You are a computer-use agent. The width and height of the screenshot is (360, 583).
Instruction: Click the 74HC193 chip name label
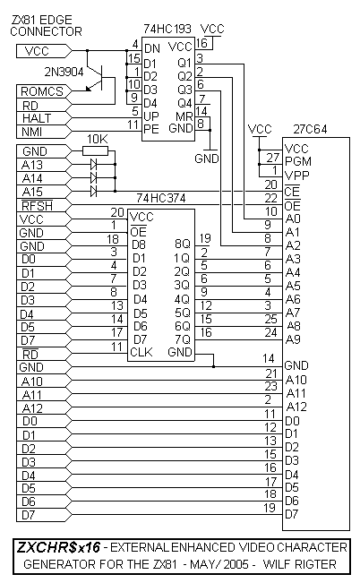click(x=167, y=29)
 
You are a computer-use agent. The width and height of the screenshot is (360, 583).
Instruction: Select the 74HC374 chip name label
click(x=160, y=198)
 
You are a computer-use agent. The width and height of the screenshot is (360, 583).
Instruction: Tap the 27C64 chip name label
click(x=310, y=129)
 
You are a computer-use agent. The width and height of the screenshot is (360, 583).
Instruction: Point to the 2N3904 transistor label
click(x=64, y=72)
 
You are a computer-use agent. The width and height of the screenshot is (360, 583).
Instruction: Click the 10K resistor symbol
click(x=95, y=150)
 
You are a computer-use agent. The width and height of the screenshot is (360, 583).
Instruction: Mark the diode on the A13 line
click(x=94, y=164)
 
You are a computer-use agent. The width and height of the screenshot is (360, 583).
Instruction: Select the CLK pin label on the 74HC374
click(x=141, y=352)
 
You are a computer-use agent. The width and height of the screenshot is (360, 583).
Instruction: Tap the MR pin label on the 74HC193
click(x=184, y=116)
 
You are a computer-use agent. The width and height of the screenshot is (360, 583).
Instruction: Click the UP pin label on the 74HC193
click(x=151, y=116)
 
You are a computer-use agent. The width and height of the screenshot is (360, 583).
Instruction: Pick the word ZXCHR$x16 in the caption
click(x=58, y=548)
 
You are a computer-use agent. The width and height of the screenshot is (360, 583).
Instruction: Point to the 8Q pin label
click(x=182, y=244)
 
